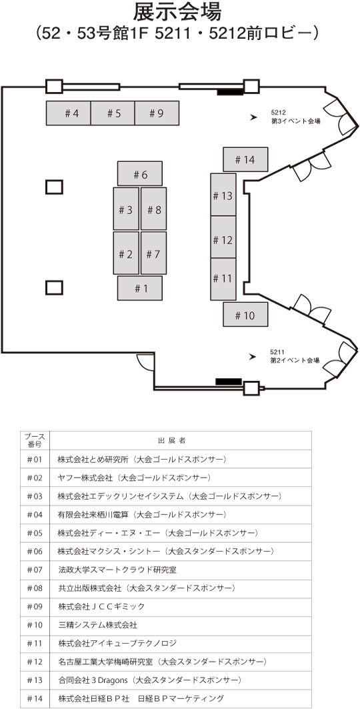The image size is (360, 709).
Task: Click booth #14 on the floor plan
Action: (246, 159)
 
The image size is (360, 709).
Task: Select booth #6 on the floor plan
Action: (140, 173)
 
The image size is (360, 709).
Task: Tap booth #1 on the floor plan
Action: (140, 288)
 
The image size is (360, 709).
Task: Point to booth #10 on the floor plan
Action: (246, 315)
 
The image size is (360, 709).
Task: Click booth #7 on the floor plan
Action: (153, 253)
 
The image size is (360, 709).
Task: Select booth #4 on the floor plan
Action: (69, 113)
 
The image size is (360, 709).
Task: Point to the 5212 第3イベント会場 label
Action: (295, 117)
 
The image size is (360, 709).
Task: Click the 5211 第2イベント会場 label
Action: (295, 356)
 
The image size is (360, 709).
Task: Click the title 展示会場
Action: (177, 12)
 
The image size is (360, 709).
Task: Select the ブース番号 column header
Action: (35, 440)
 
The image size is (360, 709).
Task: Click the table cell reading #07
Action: (35, 570)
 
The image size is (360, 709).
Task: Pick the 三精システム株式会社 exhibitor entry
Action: (97, 626)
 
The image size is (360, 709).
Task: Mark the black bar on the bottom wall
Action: (229, 382)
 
